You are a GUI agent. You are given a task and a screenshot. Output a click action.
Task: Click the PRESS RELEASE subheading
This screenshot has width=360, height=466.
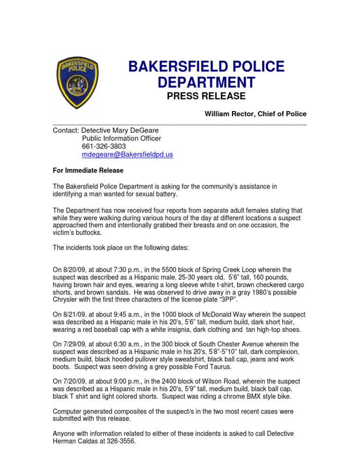[206, 97]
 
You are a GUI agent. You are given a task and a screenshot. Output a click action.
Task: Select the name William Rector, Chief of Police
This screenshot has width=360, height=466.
[255, 114]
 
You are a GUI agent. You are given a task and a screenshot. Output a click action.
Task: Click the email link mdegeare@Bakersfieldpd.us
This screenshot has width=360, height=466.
[127, 154]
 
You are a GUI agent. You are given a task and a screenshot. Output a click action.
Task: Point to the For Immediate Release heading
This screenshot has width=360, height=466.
[88, 170]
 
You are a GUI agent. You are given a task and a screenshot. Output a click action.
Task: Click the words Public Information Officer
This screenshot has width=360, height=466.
[121, 138]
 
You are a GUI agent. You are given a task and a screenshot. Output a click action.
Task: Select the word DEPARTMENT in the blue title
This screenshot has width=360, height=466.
[206, 83]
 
